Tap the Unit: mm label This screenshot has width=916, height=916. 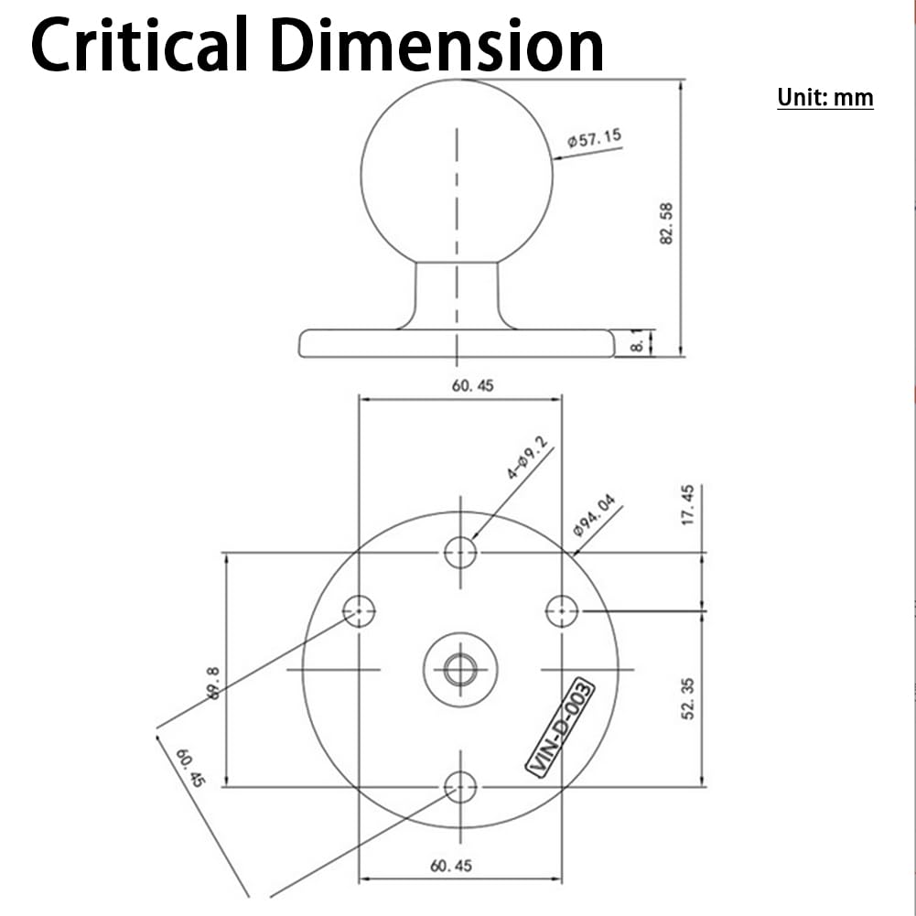coord(824,97)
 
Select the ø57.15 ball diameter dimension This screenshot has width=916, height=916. coord(594,139)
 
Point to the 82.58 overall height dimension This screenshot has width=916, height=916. coord(666,222)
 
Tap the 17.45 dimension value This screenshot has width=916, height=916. coord(688,504)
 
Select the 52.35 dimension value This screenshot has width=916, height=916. coord(688,697)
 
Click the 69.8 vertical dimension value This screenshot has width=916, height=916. coord(213,682)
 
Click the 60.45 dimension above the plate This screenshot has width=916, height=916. coord(472,386)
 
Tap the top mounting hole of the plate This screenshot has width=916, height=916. coord(460,552)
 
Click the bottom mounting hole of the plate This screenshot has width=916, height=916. coord(460,785)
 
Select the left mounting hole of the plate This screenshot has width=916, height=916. coord(359,609)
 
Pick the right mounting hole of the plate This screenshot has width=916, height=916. coord(562,609)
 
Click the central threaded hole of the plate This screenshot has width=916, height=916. coord(460,669)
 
